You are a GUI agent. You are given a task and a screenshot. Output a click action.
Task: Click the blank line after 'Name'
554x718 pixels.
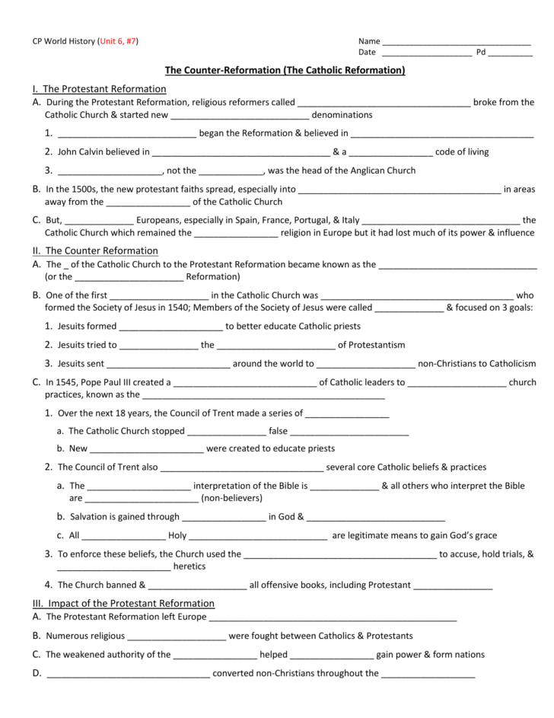pyautogui.click(x=456, y=41)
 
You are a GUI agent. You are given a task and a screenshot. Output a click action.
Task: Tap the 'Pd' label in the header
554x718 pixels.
pyautogui.click(x=481, y=53)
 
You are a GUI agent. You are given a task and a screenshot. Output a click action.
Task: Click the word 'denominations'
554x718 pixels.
pyautogui.click(x=342, y=115)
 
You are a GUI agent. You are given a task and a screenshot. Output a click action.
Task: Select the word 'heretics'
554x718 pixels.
pyautogui.click(x=189, y=566)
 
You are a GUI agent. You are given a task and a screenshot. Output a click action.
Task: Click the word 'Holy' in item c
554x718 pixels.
pyautogui.click(x=177, y=535)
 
